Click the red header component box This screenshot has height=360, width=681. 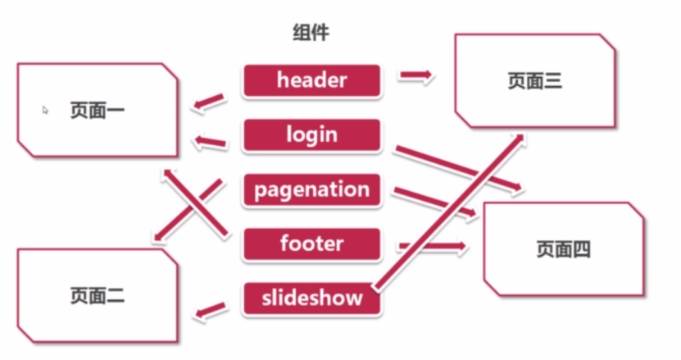pyautogui.click(x=311, y=81)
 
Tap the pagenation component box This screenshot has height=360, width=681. pyautogui.click(x=311, y=190)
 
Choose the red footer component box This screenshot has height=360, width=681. pyautogui.click(x=311, y=244)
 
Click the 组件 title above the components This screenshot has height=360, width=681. pyautogui.click(x=311, y=33)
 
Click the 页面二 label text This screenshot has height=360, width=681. pyautogui.click(x=97, y=295)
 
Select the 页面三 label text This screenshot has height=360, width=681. pyautogui.click(x=534, y=81)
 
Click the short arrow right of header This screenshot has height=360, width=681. pyautogui.click(x=416, y=76)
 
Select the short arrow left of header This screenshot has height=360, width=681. pyautogui.click(x=209, y=103)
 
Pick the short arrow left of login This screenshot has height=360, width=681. pyautogui.click(x=210, y=144)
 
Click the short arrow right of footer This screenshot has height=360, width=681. pyautogui.click(x=432, y=245)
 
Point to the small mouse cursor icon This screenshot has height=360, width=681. pyautogui.click(x=46, y=109)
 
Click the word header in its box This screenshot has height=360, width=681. pyautogui.click(x=311, y=81)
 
